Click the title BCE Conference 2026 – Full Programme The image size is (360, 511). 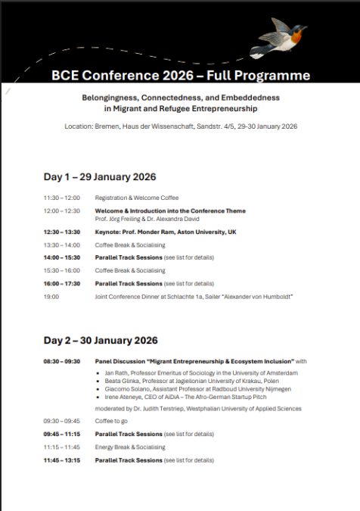tap(181, 76)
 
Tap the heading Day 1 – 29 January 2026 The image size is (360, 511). tap(100, 176)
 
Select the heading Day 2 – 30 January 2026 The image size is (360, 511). tap(100, 340)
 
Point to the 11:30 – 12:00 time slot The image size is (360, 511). tap(61, 198)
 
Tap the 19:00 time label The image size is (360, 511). tap(51, 296)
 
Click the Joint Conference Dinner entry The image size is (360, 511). tap(194, 296)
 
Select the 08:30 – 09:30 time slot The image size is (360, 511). tap(61, 361)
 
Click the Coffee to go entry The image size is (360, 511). tap(113, 422)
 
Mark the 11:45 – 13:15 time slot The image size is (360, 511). tap(61, 460)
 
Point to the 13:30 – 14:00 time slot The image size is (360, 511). tap(61, 245)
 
